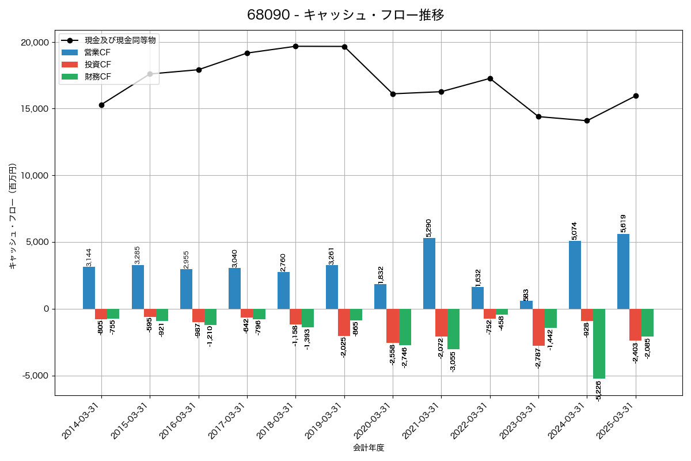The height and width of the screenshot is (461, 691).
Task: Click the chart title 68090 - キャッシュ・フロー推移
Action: coord(345,15)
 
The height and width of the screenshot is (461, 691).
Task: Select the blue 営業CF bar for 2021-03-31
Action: coord(429,273)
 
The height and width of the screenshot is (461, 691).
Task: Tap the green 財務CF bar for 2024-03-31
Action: coord(599,343)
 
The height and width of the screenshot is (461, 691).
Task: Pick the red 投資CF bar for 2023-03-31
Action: coord(538,327)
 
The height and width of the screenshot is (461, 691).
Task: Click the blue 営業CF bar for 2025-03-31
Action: coord(623,271)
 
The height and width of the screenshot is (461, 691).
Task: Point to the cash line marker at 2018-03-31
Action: coord(295,46)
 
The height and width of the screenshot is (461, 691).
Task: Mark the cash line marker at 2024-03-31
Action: coord(587,120)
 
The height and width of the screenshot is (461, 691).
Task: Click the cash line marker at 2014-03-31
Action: coord(101,105)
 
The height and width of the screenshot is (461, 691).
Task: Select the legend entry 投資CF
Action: coord(98,65)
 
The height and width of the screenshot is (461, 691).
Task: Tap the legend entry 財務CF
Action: coord(98,77)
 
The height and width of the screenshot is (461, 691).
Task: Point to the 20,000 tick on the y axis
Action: coord(35,42)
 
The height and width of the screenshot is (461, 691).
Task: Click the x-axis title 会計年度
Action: coord(368,447)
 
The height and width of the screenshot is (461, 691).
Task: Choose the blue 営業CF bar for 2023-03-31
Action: coord(526,305)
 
